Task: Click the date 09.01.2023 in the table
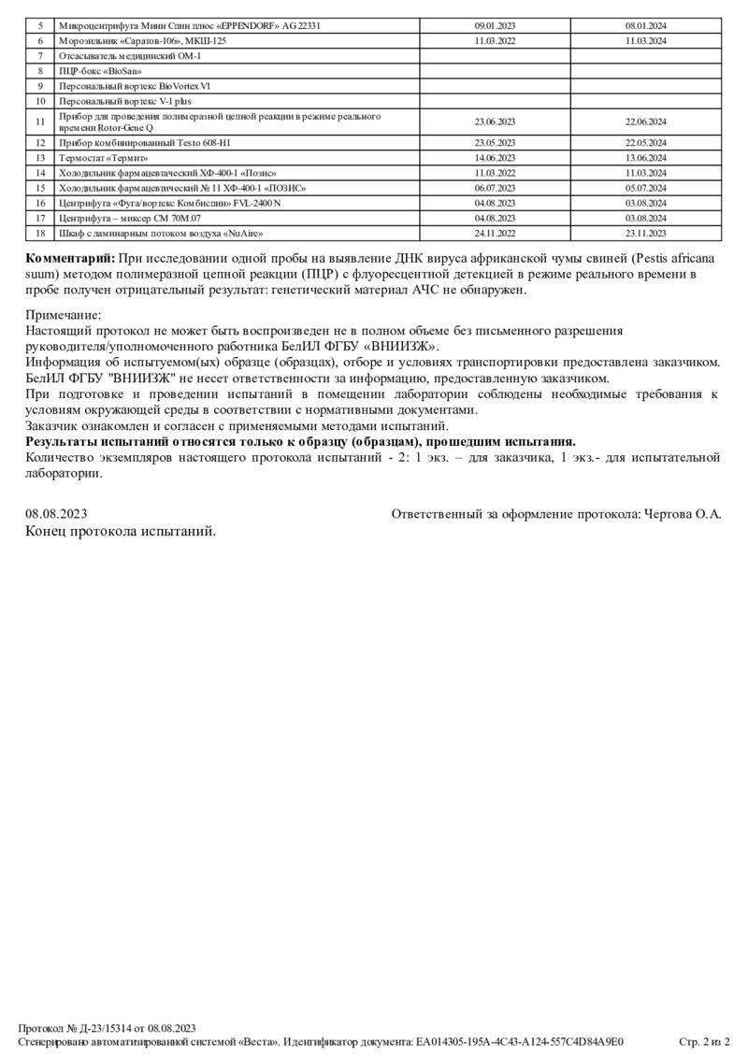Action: click(x=495, y=26)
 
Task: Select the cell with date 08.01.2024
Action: click(x=645, y=26)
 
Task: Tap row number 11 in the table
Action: click(x=40, y=122)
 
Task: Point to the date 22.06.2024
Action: click(x=645, y=122)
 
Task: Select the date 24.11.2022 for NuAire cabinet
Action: click(x=495, y=233)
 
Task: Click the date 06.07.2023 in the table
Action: click(x=495, y=188)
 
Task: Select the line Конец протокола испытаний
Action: click(x=121, y=531)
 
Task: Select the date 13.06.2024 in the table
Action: click(x=645, y=158)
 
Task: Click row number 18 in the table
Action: click(x=40, y=233)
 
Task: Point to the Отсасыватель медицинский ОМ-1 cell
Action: click(x=130, y=56)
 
